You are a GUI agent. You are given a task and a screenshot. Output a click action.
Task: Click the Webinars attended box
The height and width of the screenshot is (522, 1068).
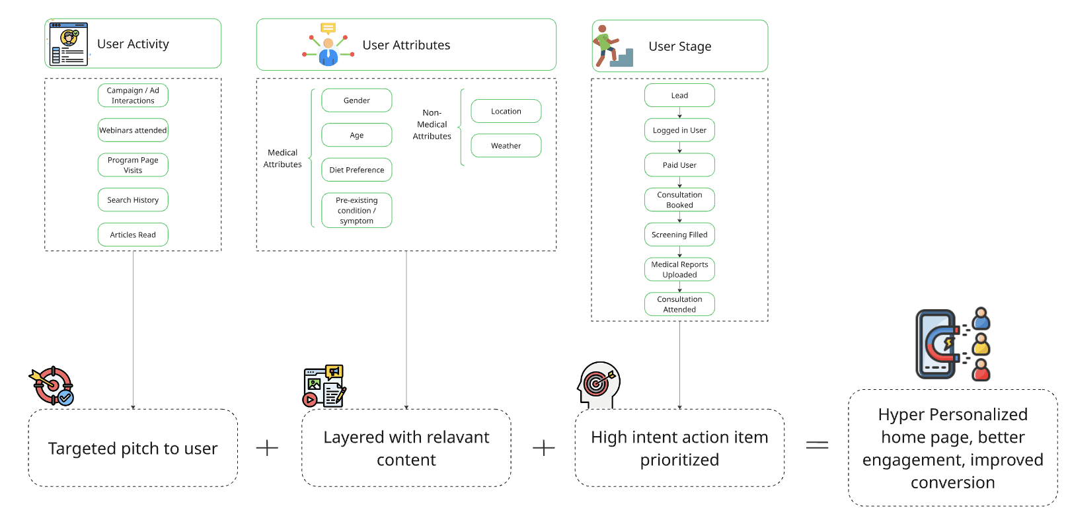133,130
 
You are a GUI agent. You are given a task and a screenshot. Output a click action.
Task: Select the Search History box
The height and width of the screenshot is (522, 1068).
133,200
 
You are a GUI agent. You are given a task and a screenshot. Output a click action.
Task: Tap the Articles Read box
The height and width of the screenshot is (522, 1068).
133,235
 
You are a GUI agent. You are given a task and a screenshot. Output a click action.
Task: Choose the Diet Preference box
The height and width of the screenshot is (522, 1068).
356,170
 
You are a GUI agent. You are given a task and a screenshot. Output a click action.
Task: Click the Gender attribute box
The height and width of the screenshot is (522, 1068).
356,100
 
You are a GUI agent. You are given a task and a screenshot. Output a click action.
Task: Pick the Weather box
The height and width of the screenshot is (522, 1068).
506,145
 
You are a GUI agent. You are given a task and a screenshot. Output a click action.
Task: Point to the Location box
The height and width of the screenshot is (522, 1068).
506,111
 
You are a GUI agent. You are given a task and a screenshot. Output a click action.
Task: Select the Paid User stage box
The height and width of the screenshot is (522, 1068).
679,165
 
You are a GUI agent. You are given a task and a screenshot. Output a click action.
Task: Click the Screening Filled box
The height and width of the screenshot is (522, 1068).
679,235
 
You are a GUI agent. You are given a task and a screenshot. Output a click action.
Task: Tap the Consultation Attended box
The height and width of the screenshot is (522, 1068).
679,304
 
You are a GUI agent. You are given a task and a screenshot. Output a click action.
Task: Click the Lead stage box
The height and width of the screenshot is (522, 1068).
679,95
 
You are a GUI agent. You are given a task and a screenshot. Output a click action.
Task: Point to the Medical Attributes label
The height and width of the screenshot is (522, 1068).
283,159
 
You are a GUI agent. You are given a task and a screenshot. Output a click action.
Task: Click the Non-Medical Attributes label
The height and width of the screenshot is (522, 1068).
432,124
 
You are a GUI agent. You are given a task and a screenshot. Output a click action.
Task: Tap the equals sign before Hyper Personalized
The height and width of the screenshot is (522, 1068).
817,445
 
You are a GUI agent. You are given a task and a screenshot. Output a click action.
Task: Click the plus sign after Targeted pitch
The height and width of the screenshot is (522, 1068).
267,448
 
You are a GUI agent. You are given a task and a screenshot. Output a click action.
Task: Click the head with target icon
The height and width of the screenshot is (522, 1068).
599,385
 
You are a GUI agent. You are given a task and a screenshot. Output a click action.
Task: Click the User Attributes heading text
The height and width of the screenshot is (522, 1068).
406,45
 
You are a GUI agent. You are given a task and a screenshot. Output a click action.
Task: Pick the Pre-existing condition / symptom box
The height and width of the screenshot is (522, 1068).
356,210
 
